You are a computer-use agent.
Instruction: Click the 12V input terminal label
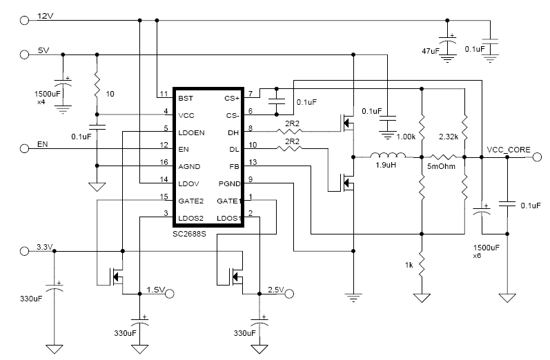[45, 15]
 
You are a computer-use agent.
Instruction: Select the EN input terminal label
[43, 146]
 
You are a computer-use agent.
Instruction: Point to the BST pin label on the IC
[186, 98]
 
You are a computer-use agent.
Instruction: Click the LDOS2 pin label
[190, 219]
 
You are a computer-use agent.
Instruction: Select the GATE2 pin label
[190, 201]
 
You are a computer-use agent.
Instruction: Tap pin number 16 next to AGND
[164, 161]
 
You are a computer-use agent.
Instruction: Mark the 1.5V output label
[154, 290]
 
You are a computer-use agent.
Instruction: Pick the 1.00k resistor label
[407, 138]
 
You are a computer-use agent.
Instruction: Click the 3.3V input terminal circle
[25, 252]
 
